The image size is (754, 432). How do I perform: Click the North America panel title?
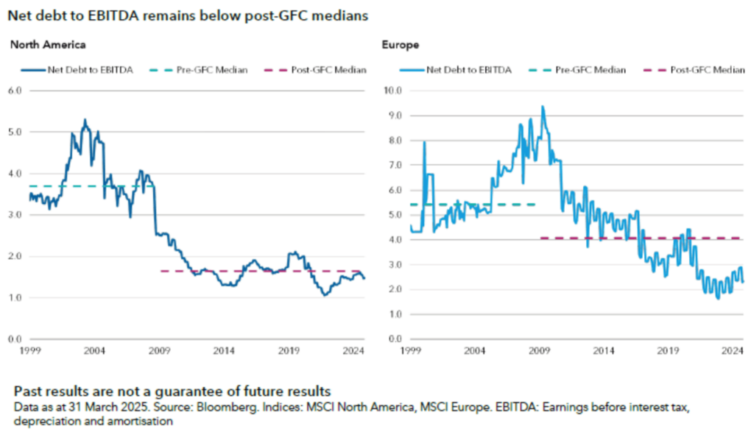48,45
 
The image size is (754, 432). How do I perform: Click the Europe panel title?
401,45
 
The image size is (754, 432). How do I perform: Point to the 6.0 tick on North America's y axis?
15,91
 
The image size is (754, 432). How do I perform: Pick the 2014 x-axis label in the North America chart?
224,351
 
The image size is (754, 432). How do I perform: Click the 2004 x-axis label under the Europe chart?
474,351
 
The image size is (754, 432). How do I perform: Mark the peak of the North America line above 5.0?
85,120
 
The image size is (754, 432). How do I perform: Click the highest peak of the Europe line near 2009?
543,107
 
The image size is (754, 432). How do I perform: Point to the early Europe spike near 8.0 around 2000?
424,142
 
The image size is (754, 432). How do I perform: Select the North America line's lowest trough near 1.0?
324,295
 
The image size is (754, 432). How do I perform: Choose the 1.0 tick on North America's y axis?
15,298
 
